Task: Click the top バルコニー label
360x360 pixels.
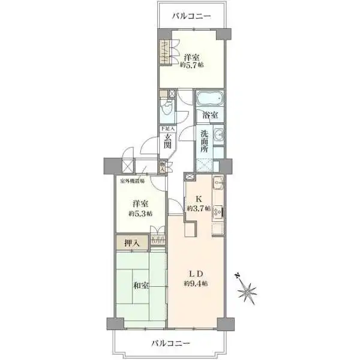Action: [191, 16]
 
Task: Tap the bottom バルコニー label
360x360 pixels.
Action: [170, 343]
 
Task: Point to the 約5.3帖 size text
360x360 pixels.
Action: [140, 214]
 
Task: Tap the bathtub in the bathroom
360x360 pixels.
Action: [209, 98]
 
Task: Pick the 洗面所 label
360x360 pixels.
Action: [205, 143]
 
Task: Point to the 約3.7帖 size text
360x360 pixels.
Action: [198, 209]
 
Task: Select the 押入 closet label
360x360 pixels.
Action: [131, 243]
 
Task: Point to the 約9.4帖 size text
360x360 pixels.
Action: [196, 283]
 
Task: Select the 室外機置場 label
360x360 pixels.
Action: [131, 180]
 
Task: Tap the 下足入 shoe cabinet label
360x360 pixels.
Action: [167, 129]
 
